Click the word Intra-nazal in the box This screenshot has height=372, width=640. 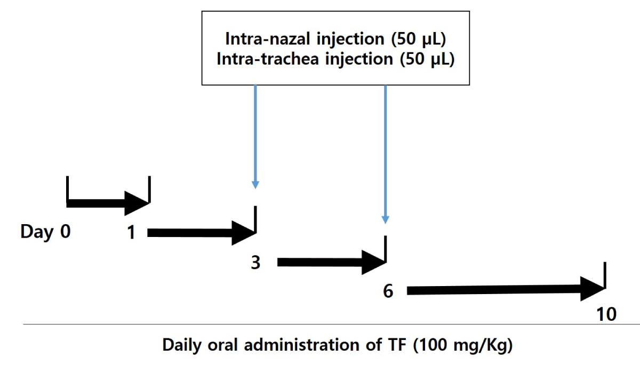pos(268,38)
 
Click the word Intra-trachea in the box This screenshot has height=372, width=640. pos(268,59)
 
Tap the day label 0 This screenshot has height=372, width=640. pos(66,231)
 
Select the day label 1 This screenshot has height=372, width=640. pos(131,232)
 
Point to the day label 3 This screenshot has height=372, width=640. pos(255,263)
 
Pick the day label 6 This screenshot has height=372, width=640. pos(388,291)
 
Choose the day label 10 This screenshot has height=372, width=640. pos(606,314)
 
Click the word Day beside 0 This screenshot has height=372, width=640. pos(37,232)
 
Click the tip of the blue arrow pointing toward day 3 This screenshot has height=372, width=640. pos(255,189)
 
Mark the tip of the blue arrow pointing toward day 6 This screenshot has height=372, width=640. pos(386,224)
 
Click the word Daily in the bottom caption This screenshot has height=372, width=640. pos(182,345)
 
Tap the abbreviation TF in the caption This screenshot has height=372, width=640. pos(397,345)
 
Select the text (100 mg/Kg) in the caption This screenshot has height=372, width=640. pos(463,345)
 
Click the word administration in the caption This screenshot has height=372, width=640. pos(301,345)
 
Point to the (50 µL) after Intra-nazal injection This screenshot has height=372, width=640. pos(419,39)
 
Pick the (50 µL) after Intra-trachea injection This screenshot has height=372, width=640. pos(427,59)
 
